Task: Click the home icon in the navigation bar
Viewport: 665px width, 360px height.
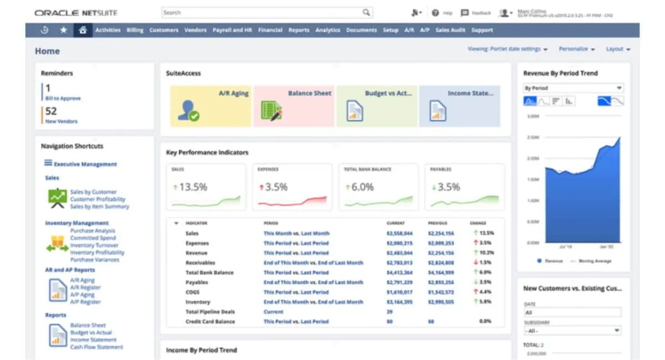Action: click(x=83, y=30)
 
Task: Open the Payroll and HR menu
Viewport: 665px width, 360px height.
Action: click(x=232, y=30)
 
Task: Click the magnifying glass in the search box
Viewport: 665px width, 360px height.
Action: click(x=366, y=12)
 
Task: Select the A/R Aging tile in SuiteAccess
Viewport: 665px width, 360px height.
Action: click(x=210, y=106)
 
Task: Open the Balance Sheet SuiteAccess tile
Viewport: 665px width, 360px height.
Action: click(x=293, y=106)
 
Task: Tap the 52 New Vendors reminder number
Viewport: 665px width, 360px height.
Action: click(x=51, y=111)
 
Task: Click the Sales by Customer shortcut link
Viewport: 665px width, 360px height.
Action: click(x=93, y=192)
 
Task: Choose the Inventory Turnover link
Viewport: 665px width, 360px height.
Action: click(x=94, y=245)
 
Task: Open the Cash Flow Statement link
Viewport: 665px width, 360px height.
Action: click(x=96, y=347)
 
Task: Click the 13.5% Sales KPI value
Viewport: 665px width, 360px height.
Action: click(x=193, y=187)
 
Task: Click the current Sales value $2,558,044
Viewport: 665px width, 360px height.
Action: click(x=399, y=234)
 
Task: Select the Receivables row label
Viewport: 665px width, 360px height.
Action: click(x=200, y=263)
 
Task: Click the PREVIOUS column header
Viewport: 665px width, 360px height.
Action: click(x=437, y=223)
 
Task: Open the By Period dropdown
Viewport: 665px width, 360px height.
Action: click(x=573, y=88)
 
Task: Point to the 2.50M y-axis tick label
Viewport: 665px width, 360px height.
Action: click(x=533, y=137)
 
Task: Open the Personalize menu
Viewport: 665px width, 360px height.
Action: click(x=576, y=49)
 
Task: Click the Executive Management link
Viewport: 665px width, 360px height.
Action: click(x=85, y=164)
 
